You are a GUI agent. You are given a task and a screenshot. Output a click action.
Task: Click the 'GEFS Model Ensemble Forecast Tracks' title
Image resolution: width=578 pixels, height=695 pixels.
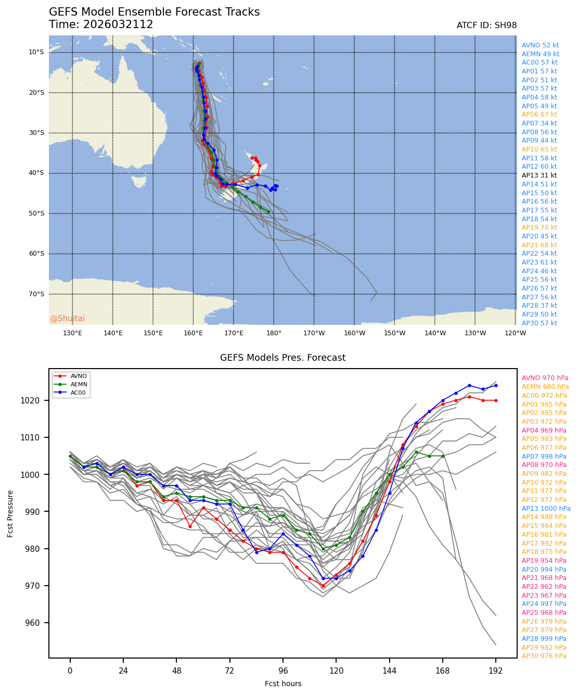click(x=154, y=12)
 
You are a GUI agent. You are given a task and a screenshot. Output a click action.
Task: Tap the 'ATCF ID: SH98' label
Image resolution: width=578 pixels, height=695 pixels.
click(x=486, y=26)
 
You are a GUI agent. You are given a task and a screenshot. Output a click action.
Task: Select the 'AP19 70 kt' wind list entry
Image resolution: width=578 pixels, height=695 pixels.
click(x=539, y=228)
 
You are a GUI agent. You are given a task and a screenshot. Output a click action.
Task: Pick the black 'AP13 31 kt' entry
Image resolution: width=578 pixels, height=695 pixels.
click(x=539, y=175)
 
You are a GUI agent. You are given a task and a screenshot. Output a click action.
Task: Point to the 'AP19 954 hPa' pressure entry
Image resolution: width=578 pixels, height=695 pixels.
click(x=544, y=561)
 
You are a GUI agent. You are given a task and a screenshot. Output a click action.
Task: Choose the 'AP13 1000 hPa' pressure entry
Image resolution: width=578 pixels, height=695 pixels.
click(x=546, y=509)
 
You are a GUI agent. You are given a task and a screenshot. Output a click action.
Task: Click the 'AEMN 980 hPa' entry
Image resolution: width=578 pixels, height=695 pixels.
click(x=545, y=387)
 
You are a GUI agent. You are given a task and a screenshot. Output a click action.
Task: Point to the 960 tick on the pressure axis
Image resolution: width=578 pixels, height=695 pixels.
click(x=40, y=623)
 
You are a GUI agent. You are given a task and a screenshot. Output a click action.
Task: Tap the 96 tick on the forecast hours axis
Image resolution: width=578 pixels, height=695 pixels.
click(x=283, y=671)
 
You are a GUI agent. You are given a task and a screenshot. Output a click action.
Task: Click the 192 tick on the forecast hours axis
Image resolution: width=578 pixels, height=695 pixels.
click(x=496, y=671)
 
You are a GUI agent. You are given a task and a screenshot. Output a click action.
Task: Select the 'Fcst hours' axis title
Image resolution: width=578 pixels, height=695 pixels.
click(x=283, y=684)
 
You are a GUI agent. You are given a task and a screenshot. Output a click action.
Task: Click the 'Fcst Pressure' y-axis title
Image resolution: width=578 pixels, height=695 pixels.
click(x=10, y=513)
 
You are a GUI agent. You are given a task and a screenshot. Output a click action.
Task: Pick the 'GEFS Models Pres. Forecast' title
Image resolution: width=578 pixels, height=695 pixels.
click(x=282, y=358)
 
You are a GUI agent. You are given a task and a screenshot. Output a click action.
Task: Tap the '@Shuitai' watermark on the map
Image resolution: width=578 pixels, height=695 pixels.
click(x=67, y=319)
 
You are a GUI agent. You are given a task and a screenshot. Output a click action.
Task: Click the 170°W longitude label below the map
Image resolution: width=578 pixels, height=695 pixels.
click(x=314, y=333)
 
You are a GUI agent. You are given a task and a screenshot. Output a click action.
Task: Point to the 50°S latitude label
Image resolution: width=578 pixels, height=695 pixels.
click(x=36, y=213)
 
